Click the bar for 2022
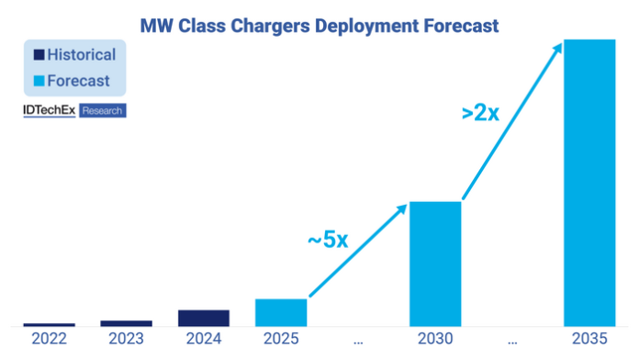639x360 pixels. (50, 324)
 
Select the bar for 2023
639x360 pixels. (127, 323)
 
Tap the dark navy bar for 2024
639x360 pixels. (204, 318)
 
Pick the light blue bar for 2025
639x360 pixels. (281, 313)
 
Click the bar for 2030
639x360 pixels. (435, 264)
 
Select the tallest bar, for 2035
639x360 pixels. (589, 183)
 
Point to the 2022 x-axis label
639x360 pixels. (50, 339)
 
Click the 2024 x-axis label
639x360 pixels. (204, 339)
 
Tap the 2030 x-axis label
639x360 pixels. (435, 339)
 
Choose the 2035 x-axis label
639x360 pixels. (589, 339)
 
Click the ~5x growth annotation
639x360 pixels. (328, 240)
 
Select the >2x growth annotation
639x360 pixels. (480, 113)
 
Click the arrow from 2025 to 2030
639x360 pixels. (358, 250)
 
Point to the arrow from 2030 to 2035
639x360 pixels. (512, 120)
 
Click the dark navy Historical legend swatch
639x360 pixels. (39, 54)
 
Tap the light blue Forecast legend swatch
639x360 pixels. (39, 81)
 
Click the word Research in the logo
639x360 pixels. (102, 110)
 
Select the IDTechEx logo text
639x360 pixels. (50, 110)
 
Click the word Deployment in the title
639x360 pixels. (366, 27)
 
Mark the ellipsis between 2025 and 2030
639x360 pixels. (358, 343)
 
